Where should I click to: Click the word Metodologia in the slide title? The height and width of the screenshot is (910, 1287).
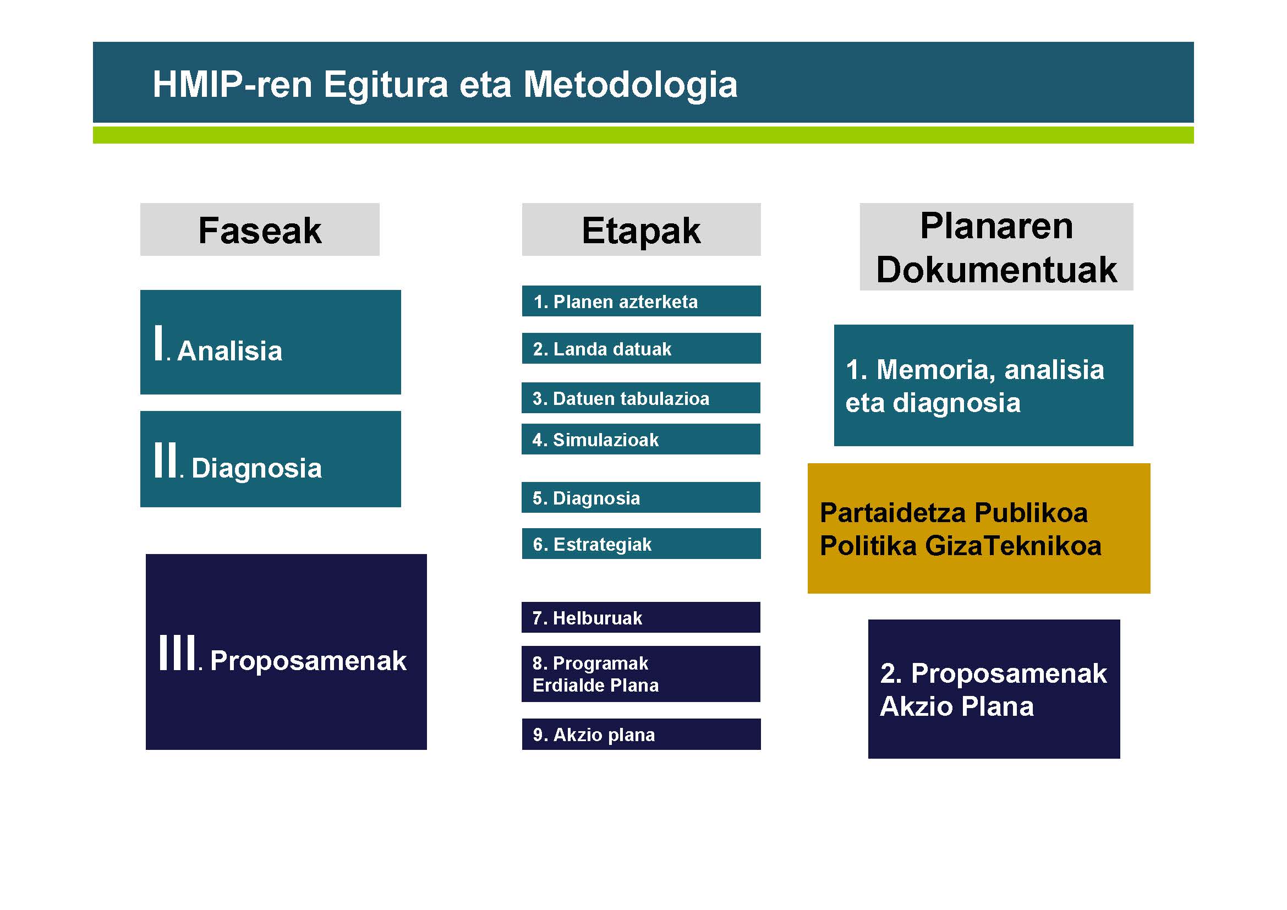click(x=630, y=85)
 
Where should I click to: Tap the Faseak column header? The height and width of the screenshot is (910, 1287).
click(x=260, y=229)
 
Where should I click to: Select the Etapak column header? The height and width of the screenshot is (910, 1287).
click(x=641, y=229)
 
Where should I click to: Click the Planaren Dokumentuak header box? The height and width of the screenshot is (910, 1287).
click(x=996, y=246)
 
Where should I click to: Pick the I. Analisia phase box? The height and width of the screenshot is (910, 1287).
click(x=270, y=342)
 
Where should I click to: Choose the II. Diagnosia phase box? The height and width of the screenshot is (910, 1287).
click(x=270, y=459)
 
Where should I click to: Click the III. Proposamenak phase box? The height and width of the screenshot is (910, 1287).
click(x=286, y=651)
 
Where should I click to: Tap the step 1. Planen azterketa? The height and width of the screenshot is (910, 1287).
click(x=641, y=301)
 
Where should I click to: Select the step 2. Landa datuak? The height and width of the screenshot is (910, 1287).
click(x=641, y=348)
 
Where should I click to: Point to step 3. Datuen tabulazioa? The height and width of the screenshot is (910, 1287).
click(x=640, y=397)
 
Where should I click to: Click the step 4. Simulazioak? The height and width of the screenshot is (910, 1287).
click(x=640, y=438)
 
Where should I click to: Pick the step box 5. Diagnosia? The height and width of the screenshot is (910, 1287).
click(x=640, y=497)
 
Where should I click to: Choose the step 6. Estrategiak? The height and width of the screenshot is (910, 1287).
click(x=641, y=544)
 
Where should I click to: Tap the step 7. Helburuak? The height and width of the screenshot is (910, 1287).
click(x=640, y=617)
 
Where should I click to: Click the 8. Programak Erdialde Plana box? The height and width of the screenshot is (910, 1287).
click(x=640, y=673)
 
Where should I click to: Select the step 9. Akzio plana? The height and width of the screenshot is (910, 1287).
click(x=641, y=734)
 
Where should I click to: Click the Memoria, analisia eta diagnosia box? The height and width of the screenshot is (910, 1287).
click(x=983, y=385)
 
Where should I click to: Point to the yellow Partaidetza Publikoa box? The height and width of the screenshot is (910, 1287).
click(x=979, y=528)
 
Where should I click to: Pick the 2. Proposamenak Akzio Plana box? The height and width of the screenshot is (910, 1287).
click(x=994, y=689)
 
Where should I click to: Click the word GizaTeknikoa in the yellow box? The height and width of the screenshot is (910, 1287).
click(x=1013, y=545)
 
